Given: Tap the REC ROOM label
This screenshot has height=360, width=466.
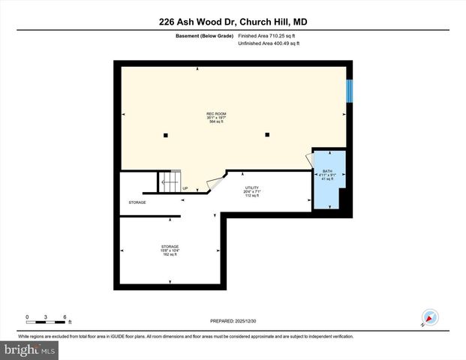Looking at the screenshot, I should [217, 118].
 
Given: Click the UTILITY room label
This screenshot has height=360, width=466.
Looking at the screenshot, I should [251, 192].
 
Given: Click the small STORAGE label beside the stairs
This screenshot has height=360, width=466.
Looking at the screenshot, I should [137, 202].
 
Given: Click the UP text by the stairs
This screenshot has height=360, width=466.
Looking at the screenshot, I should [185, 189].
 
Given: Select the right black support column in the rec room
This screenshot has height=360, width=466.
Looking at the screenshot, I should [266, 135].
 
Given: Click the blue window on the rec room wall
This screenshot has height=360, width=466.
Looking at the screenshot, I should [349, 90].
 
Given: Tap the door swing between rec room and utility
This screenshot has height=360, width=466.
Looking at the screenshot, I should [215, 182].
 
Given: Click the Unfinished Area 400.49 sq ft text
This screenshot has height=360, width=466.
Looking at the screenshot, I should [269, 43].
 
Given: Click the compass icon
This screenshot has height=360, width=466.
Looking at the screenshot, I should [430, 318].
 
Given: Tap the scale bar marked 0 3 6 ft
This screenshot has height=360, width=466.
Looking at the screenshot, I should [47, 319].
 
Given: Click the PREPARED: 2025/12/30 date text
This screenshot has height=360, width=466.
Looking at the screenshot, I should [233, 320].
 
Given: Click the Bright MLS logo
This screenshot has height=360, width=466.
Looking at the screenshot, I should [29, 349].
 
